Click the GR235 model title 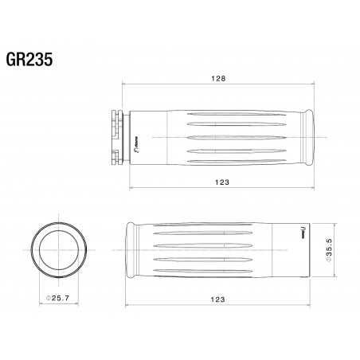(x=29, y=61)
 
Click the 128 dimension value (x=220, y=78)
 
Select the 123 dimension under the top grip (x=223, y=182)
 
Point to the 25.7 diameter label (x=60, y=298)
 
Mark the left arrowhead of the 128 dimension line (x=121, y=83)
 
